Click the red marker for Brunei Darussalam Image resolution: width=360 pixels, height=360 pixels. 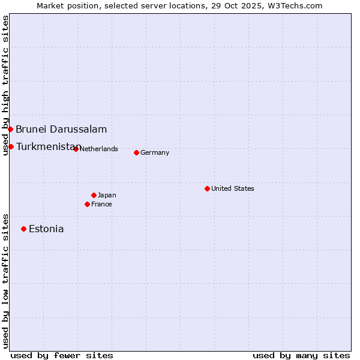10,129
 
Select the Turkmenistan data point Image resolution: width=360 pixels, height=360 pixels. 11,146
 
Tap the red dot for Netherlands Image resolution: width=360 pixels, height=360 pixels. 76,149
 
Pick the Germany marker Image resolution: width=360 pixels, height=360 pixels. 136,152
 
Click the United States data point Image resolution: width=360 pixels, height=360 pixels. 207,188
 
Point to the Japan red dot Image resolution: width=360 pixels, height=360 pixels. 94,195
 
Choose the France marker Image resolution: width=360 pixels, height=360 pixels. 87,204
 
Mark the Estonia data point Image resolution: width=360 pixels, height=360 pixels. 23,229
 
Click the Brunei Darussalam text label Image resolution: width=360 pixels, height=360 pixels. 61,129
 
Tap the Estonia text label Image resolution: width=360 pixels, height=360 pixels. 46,229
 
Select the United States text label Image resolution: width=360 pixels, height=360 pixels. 233,188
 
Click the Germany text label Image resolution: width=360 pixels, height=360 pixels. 155,152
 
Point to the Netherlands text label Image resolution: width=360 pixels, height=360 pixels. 98,149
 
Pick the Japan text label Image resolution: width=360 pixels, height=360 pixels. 107,195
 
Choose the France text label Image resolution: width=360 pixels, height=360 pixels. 101,204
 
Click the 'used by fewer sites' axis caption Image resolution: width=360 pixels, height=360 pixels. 62,355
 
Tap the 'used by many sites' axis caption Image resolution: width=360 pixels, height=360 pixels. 301,355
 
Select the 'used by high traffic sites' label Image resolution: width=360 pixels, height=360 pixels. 5,85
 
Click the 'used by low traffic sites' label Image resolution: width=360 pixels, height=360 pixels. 5,280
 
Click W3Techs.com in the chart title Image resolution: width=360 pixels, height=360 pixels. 295,5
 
